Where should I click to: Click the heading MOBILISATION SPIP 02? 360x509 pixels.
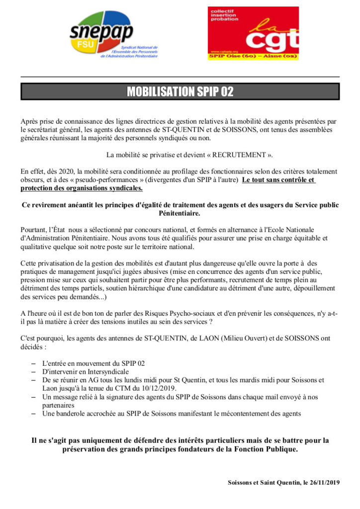(180, 91)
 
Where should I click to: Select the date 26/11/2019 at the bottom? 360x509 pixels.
(323, 482)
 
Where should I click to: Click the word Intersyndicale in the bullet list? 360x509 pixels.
(104, 371)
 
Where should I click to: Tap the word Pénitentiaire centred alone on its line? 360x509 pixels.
(180, 213)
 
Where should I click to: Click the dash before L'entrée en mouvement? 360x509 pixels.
(34, 363)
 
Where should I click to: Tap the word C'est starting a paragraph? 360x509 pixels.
(29, 338)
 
